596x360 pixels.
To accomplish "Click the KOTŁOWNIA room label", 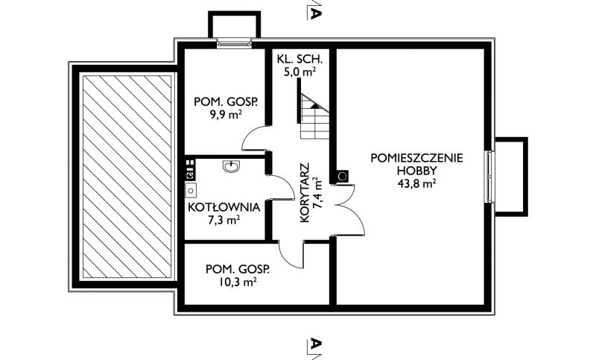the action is [224, 207].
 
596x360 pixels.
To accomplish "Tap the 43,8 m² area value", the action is [416, 183].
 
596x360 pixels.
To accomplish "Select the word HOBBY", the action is [417, 171].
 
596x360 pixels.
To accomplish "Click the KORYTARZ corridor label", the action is [305, 193].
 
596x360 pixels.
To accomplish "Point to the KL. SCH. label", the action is [300, 60].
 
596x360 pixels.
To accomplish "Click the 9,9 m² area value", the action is [226, 115].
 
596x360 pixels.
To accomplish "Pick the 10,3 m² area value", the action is [238, 282].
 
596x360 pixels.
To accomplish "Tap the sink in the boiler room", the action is [232, 166].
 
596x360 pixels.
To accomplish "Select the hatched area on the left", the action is [127, 176].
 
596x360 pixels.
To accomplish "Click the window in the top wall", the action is [235, 43].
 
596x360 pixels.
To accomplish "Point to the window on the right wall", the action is [490, 176].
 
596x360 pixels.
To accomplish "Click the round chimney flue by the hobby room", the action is [343, 176].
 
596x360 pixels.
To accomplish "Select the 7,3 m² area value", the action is [224, 220].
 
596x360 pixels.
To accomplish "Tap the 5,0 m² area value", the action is [300, 72].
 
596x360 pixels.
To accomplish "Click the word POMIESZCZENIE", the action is [417, 158].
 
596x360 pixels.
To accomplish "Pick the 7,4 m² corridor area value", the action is [317, 193].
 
